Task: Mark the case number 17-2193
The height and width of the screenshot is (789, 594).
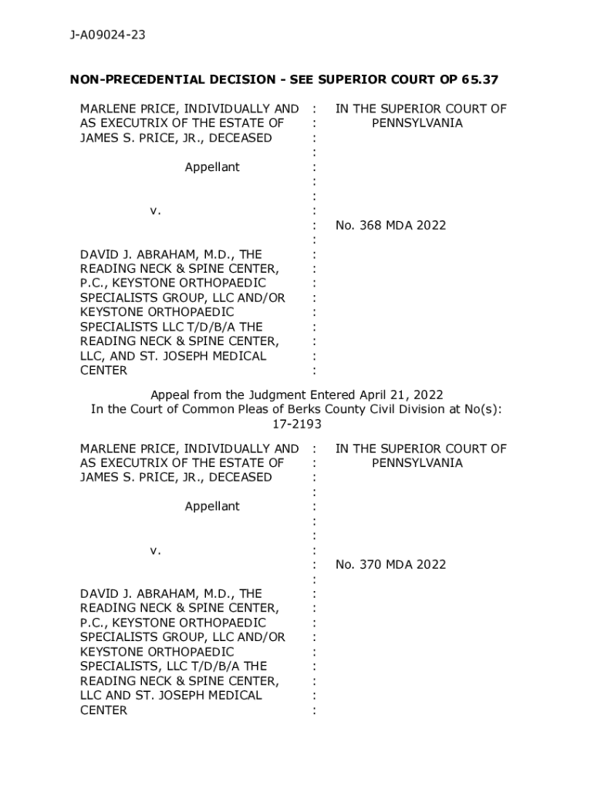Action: tap(297, 424)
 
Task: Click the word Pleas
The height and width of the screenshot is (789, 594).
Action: tap(255, 409)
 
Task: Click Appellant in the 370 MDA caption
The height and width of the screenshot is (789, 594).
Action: tap(212, 506)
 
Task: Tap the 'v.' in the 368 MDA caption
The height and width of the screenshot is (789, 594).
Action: tap(155, 210)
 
